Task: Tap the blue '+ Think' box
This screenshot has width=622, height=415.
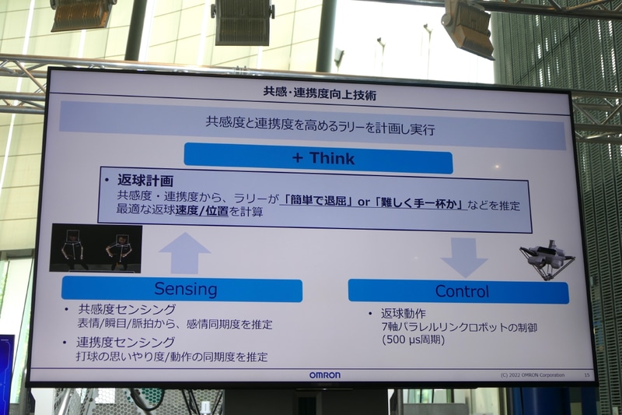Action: coord(319,158)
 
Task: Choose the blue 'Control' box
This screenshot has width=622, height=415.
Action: coord(461,291)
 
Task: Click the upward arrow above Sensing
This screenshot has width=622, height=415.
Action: coord(184,254)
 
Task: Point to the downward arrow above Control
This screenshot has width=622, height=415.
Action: coord(464,257)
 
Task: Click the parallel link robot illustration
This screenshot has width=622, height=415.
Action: coord(547,258)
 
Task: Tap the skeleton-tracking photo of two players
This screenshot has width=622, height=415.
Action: coord(96,248)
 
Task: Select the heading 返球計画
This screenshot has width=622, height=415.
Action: coord(145,180)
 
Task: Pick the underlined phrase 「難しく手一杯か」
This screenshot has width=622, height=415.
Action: coord(418,203)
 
